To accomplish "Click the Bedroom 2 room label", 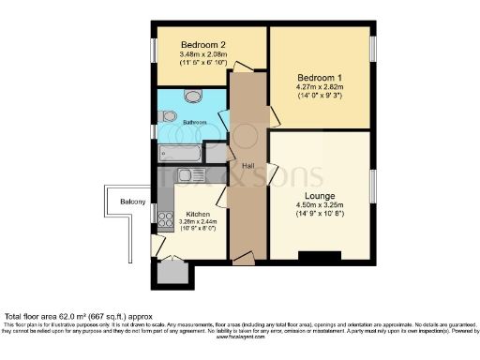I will click(x=202, y=44).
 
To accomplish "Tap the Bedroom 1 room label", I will click(x=320, y=77).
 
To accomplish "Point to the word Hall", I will click(x=248, y=166).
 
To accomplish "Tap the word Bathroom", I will click(x=195, y=122).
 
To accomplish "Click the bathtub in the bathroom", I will click(x=182, y=153).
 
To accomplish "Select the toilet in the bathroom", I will click(x=167, y=115).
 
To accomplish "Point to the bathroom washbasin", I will click(x=194, y=95).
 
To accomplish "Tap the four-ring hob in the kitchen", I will click(x=164, y=219).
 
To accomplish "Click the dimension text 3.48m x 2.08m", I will click(x=202, y=54).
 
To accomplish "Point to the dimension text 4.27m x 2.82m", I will click(x=320, y=87).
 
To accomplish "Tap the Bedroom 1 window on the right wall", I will click(x=372, y=47).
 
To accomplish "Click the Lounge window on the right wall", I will click(x=372, y=186).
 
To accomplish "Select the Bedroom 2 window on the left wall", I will click(x=154, y=49).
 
